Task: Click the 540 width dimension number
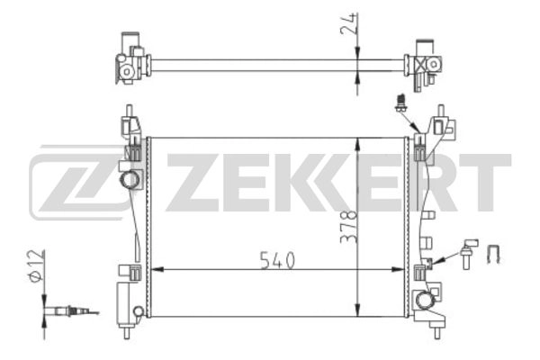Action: (277, 260)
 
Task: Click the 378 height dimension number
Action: (349, 228)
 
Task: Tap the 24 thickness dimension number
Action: (347, 23)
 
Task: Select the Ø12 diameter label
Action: (37, 266)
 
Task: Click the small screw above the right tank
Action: (400, 103)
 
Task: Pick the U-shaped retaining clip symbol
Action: (493, 254)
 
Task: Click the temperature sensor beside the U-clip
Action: (468, 253)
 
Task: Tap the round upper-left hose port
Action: (129, 180)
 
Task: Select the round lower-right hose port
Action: (424, 299)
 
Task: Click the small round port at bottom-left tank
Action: (138, 311)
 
